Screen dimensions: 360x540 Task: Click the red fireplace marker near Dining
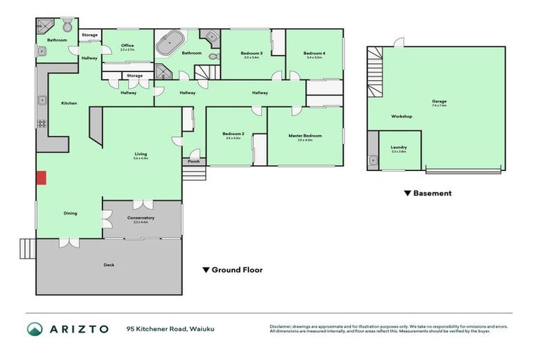click(x=41, y=178)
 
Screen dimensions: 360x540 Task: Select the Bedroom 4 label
click(x=314, y=53)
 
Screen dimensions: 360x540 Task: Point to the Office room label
click(x=127, y=46)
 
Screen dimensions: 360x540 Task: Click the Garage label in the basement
click(x=439, y=101)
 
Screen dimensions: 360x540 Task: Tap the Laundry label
click(x=398, y=147)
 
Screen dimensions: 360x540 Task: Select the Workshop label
click(x=401, y=116)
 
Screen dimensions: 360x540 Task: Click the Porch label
click(x=193, y=161)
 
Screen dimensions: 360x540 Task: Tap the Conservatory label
click(x=141, y=218)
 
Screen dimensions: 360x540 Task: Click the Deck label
click(x=109, y=265)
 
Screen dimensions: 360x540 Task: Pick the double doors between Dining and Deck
click(x=69, y=241)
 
